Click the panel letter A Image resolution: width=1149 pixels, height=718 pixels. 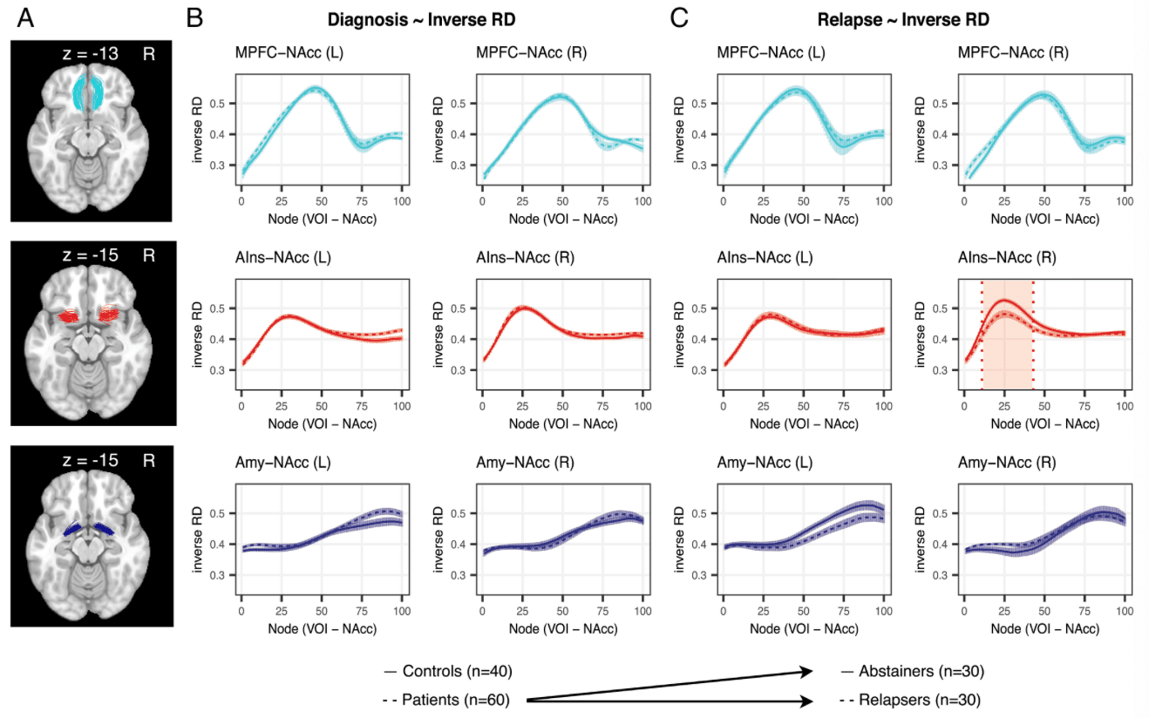pos(26,17)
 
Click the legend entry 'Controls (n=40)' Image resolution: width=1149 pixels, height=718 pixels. pos(446,672)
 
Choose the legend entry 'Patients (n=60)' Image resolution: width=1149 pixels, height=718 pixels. pos(445,699)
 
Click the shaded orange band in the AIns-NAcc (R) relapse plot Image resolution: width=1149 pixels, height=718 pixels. pos(1008,349)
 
